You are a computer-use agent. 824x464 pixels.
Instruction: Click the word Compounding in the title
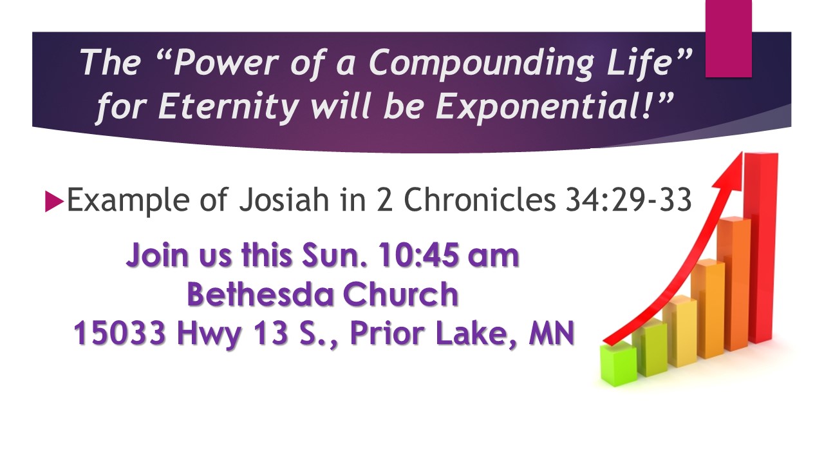click(x=482, y=63)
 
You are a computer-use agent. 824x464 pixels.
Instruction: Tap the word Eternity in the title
click(x=229, y=106)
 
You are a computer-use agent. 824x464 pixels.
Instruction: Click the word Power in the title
click(x=225, y=62)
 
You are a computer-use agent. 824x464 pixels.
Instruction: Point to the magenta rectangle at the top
click(x=728, y=38)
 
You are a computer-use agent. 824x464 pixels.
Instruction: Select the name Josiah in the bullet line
click(x=284, y=200)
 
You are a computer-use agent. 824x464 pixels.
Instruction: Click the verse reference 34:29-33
click(x=628, y=200)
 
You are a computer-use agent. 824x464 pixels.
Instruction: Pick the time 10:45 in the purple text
click(x=418, y=255)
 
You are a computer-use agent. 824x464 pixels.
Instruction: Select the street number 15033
click(x=120, y=333)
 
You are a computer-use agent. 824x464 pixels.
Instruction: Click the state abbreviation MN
click(x=551, y=333)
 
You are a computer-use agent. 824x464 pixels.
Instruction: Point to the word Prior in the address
click(x=387, y=333)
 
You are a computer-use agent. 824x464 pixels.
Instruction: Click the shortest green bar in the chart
click(x=618, y=365)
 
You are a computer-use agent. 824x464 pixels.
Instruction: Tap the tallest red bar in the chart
click(x=761, y=247)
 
